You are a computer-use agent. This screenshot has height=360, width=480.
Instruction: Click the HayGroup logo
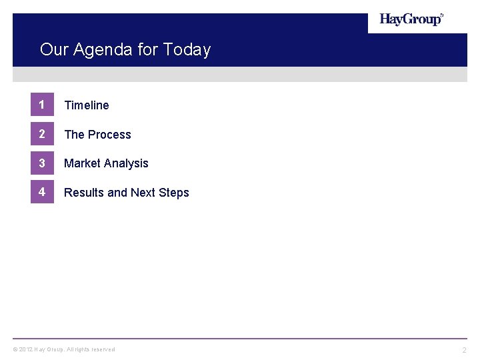pyautogui.click(x=411, y=19)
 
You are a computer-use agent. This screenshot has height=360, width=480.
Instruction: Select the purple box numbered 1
pyautogui.click(x=42, y=105)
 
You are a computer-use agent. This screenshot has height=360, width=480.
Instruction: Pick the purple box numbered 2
pyautogui.click(x=42, y=134)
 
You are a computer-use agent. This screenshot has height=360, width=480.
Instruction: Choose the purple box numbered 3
pyautogui.click(x=42, y=163)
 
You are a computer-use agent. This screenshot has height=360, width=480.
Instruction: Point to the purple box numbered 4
pyautogui.click(x=42, y=193)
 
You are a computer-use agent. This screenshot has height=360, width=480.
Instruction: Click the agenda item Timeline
pyautogui.click(x=87, y=105)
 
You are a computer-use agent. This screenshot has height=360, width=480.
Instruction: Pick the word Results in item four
pyautogui.click(x=84, y=193)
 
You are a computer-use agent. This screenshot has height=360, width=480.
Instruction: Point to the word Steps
pyautogui.click(x=174, y=193)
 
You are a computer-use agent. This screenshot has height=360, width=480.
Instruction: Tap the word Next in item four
pyautogui.click(x=143, y=193)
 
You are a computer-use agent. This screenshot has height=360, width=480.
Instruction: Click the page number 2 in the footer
pyautogui.click(x=465, y=350)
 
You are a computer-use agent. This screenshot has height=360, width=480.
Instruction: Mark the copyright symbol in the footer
pyautogui.click(x=15, y=349)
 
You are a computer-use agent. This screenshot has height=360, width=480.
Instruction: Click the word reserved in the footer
pyautogui.click(x=103, y=349)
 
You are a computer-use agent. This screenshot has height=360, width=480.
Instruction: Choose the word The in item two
pyautogui.click(x=74, y=135)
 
